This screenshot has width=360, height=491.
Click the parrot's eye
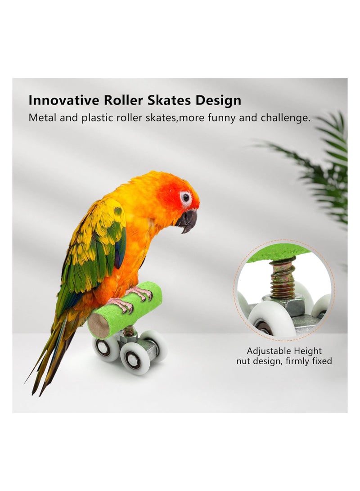185,197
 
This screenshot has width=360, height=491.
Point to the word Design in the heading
219,101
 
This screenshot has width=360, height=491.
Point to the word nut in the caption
245,361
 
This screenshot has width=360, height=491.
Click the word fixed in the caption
320,361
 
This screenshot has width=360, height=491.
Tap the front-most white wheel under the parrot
133,358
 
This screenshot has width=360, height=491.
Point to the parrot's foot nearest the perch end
121,306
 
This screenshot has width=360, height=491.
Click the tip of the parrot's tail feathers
34,392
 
